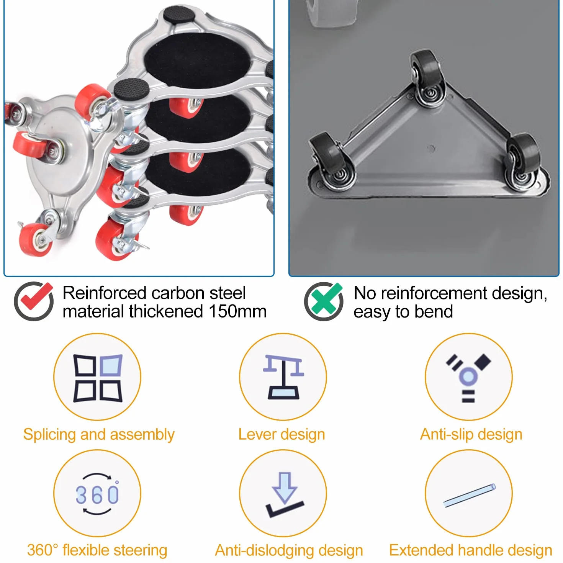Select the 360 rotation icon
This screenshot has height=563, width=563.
[97, 493]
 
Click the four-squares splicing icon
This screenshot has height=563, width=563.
[98, 378]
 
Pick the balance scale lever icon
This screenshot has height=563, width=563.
[283, 377]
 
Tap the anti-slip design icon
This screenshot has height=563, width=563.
[468, 378]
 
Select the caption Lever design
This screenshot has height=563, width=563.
[281, 434]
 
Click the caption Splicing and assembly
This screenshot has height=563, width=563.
[99, 434]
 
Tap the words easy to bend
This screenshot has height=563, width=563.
[403, 312]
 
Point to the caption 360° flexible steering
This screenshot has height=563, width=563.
[97, 550]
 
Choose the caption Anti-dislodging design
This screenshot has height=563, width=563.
[289, 550]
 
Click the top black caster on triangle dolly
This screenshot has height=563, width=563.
[428, 79]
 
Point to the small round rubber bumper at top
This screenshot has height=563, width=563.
[179, 15]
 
